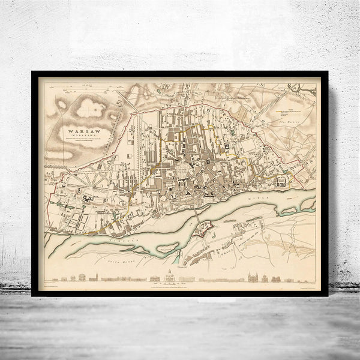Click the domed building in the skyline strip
(x=170, y=277)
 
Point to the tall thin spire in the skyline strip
(x=95, y=277)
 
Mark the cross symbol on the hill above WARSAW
(x=91, y=109)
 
